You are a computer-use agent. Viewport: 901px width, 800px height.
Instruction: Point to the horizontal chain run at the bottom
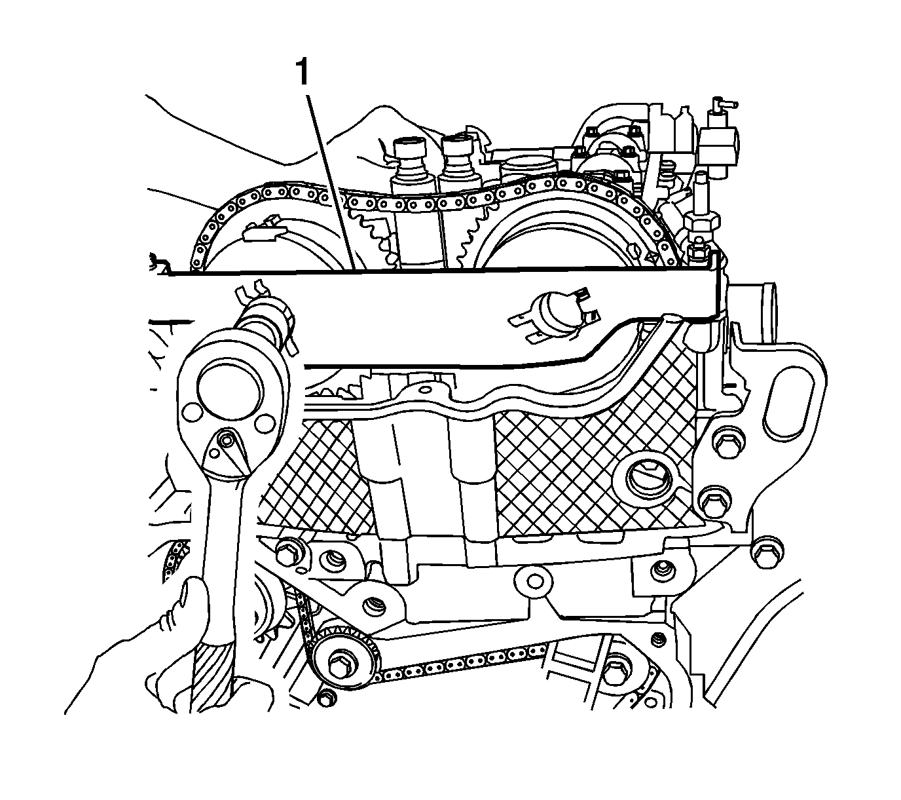tap(458, 662)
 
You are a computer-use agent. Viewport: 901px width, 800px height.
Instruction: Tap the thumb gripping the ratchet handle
tap(194, 596)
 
